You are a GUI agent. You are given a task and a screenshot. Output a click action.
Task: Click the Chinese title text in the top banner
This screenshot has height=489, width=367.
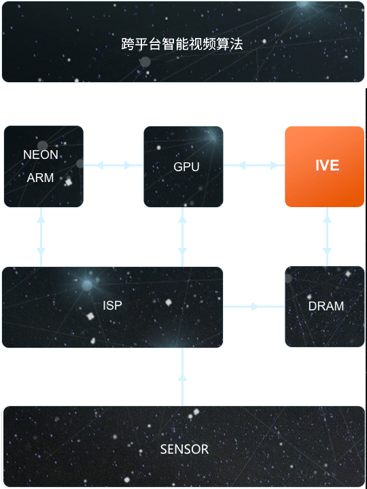click(182, 44)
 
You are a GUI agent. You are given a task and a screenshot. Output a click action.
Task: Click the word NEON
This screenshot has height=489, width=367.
click(41, 155)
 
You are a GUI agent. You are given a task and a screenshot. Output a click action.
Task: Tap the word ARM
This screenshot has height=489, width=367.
click(40, 178)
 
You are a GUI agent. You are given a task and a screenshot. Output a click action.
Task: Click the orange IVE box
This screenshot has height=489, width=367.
click(325, 166)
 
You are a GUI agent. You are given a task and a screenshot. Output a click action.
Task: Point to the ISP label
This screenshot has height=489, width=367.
click(112, 306)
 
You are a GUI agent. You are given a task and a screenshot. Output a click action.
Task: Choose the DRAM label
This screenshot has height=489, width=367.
click(326, 306)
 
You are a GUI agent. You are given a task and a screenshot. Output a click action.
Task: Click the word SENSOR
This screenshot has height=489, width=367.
click(184, 450)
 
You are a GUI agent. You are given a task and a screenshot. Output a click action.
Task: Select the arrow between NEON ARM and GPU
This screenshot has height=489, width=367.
click(113, 165)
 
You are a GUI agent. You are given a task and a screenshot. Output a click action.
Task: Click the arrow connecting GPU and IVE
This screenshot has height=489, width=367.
click(254, 165)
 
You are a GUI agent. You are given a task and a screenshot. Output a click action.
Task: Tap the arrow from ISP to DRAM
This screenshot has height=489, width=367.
click(254, 306)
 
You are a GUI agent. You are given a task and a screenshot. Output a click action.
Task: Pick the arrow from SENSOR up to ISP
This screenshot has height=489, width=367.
click(182, 377)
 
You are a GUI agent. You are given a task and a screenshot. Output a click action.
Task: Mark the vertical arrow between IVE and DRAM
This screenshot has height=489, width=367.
click(327, 236)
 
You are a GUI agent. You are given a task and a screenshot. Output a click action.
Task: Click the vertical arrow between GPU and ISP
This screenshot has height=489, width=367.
click(182, 237)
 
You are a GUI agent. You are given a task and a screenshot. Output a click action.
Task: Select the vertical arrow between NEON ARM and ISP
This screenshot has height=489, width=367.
click(41, 237)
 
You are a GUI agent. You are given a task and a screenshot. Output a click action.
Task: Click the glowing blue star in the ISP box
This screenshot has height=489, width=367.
click(87, 285)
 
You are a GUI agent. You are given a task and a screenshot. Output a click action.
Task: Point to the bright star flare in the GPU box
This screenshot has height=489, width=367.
click(213, 137)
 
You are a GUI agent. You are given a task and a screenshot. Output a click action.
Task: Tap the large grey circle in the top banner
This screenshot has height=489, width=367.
click(145, 62)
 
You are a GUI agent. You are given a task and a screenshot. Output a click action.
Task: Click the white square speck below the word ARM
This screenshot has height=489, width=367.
click(69, 182)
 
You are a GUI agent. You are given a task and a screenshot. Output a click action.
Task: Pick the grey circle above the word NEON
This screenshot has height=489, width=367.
click(43, 145)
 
